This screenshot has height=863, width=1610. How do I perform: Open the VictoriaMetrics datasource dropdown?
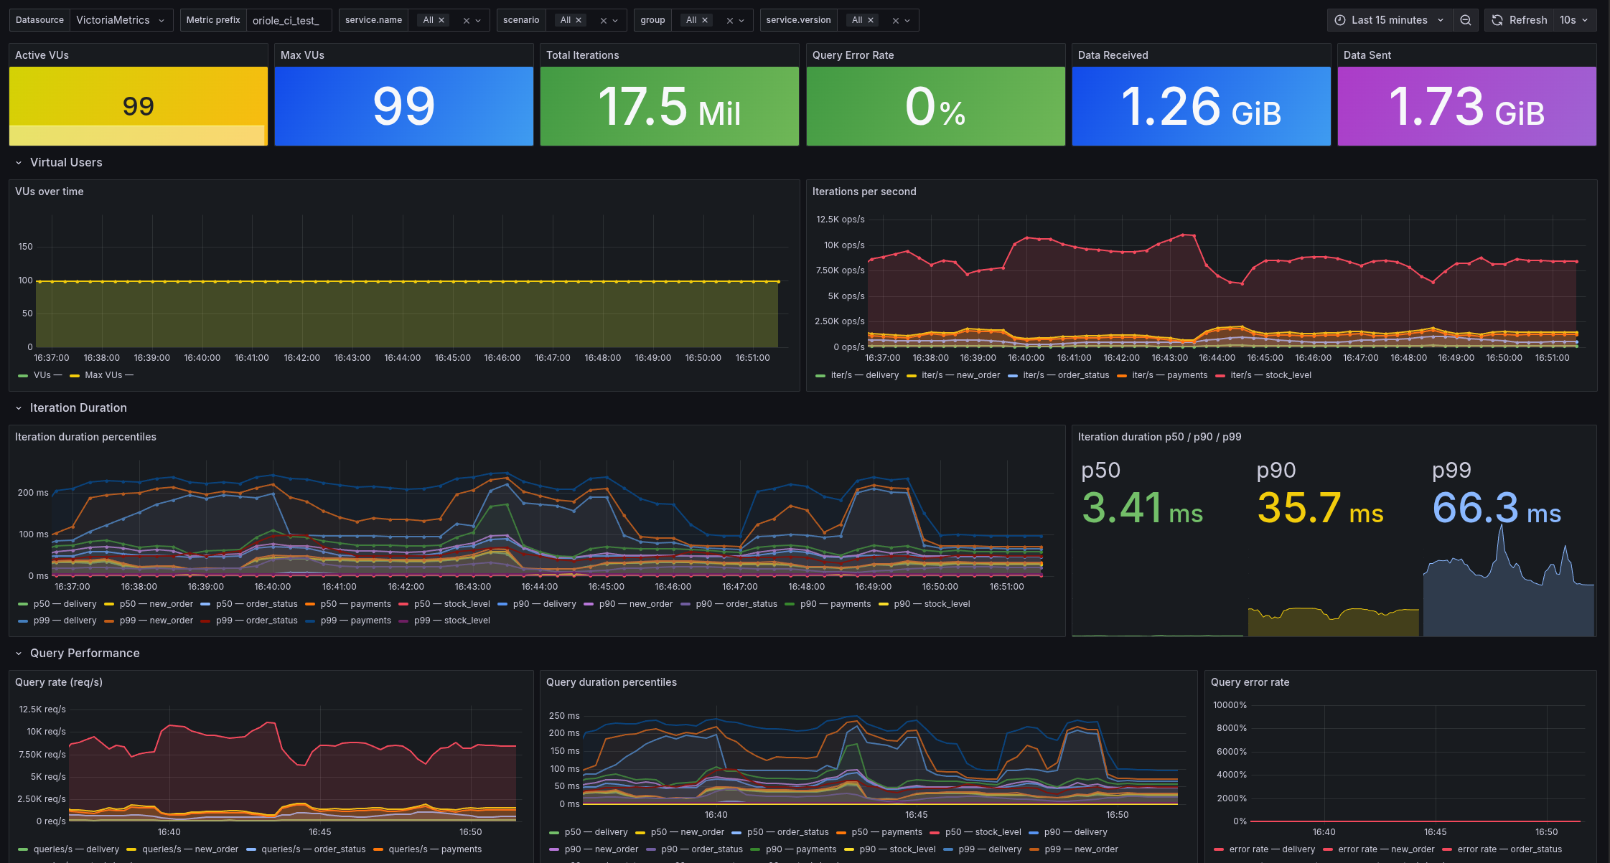(120, 20)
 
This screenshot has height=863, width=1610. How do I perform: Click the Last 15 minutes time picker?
(1389, 20)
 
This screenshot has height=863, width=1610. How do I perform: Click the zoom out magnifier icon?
(1466, 20)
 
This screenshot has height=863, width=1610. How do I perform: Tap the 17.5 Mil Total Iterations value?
(669, 107)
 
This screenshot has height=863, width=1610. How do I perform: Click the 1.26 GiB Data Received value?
(1200, 107)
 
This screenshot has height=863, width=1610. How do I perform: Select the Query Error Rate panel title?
(853, 55)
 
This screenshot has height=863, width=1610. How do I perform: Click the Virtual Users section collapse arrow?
(19, 163)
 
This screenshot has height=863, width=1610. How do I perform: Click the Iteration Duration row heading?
(78, 407)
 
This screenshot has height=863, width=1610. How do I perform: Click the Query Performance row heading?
(85, 653)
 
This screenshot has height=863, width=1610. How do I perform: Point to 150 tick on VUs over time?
(25, 247)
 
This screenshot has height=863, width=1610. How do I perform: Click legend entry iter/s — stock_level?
(1270, 375)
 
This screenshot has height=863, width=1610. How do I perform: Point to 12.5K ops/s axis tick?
(840, 220)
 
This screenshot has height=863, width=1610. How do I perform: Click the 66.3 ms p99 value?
(1496, 508)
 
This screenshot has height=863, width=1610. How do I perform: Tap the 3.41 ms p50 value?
(1141, 508)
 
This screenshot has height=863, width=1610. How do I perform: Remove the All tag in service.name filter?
(441, 20)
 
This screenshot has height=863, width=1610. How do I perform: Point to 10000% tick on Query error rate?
(1229, 705)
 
